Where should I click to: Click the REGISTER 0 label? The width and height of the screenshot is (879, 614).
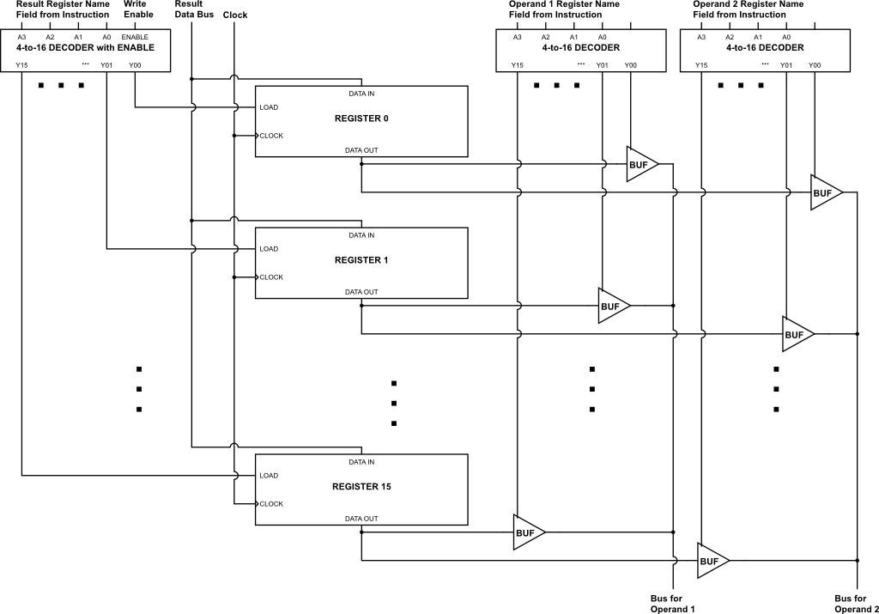(x=361, y=118)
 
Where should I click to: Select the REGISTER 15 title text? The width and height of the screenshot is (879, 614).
(x=361, y=487)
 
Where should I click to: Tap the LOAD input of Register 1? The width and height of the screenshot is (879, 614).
(x=269, y=249)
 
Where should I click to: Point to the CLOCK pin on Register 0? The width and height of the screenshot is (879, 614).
(x=271, y=136)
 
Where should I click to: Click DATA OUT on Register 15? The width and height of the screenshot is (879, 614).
(x=361, y=519)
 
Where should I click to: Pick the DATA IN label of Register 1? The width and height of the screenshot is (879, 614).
(x=361, y=235)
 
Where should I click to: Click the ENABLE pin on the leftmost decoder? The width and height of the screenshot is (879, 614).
(x=135, y=37)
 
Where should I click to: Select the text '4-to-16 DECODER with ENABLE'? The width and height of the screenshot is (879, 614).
(x=85, y=48)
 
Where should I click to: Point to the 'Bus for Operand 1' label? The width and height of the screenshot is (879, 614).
(x=673, y=604)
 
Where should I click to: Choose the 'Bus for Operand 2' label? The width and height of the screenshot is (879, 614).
(x=857, y=604)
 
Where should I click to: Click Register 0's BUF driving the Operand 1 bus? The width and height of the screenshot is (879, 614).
(x=640, y=164)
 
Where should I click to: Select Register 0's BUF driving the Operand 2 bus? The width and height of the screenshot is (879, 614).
(x=823, y=193)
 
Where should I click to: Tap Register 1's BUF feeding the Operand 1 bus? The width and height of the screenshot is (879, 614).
(x=611, y=306)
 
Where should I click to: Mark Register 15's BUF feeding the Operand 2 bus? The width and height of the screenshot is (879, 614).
(x=710, y=561)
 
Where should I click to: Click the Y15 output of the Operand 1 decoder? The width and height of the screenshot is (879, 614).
(x=517, y=65)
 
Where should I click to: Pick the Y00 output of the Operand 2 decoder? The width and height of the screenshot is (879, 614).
(x=815, y=65)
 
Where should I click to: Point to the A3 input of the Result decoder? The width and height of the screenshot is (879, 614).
(x=21, y=37)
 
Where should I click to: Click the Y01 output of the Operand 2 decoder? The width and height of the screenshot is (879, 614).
(x=786, y=65)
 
